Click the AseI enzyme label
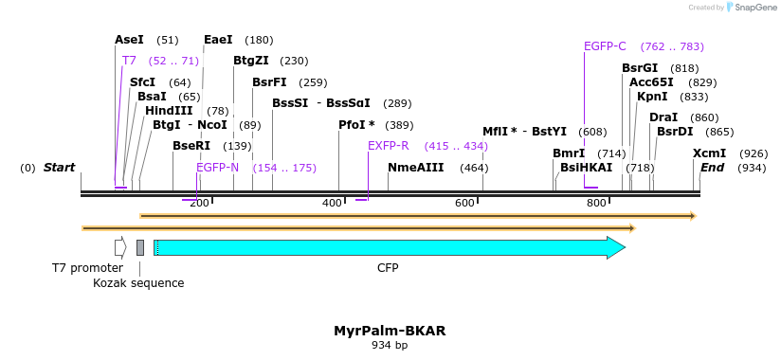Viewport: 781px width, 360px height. coord(129,40)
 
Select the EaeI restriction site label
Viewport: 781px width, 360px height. coord(218,40)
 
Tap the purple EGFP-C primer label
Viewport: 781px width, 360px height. coord(605,46)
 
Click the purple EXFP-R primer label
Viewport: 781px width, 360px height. coord(389,146)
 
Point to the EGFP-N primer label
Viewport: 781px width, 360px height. coord(218,168)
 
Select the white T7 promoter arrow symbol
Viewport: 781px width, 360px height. coord(120,247)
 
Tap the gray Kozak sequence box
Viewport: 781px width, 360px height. coord(140,247)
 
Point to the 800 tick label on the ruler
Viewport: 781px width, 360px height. coord(596,203)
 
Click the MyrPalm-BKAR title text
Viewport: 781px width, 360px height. coord(390,331)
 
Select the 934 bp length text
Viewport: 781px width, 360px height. coord(390,346)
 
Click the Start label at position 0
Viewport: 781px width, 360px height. coord(59,168)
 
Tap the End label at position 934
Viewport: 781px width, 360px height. coord(712,168)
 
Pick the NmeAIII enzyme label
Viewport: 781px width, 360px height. coord(415,168)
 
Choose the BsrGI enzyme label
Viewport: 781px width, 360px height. coord(640,68)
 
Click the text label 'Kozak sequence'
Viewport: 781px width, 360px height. coord(138,283)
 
